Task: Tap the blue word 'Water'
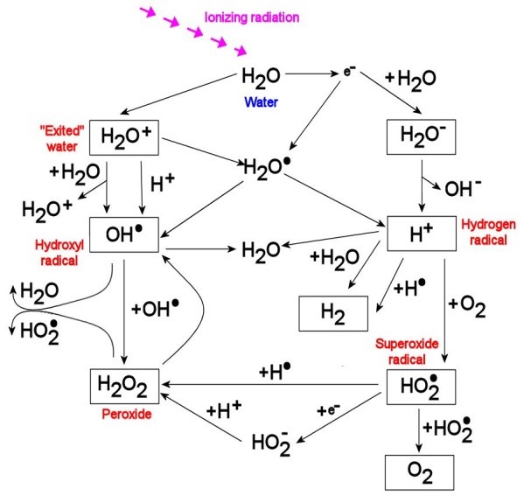(262, 101)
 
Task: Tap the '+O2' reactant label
(467, 306)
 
